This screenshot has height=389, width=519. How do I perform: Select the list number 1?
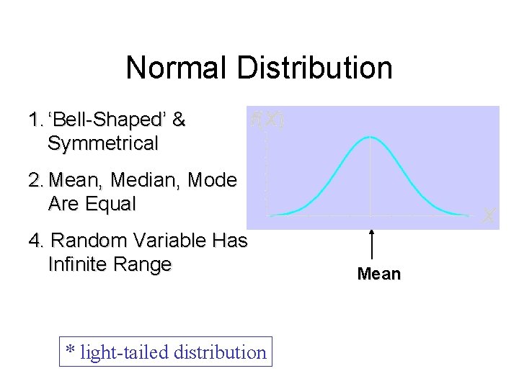click(35, 120)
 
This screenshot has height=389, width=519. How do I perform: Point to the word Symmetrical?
click(102, 143)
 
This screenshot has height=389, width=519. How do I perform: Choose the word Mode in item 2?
click(211, 180)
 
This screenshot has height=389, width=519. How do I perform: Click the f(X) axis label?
click(267, 120)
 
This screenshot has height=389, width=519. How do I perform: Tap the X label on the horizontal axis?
click(488, 215)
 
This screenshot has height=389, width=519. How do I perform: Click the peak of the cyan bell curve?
click(371, 137)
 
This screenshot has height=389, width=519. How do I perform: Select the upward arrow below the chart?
click(371, 245)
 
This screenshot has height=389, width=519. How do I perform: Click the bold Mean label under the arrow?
click(379, 274)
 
